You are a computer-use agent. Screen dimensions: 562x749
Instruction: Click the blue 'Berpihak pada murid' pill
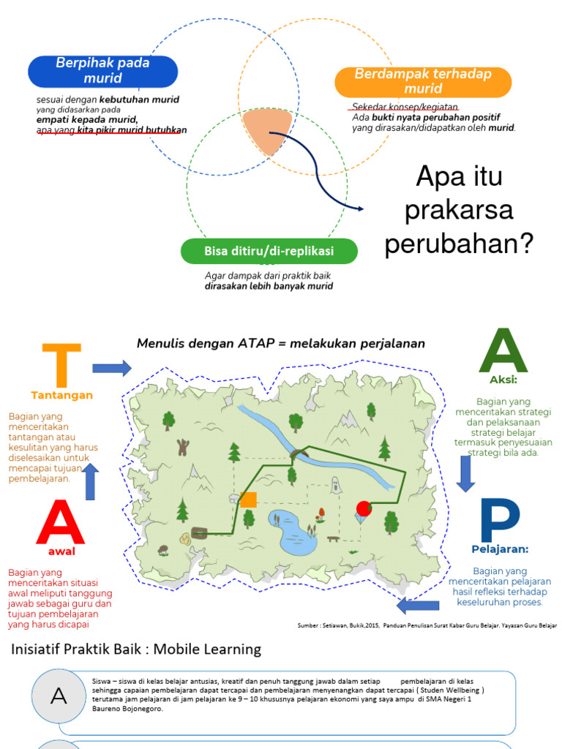pos(102,71)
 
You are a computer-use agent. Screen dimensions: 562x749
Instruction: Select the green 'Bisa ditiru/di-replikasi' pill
pos(269,252)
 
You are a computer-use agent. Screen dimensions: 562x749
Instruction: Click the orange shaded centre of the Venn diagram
pos(266,131)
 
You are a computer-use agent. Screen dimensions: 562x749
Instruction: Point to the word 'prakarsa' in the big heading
pos(459,210)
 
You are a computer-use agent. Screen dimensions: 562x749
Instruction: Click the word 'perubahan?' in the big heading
pos(459,244)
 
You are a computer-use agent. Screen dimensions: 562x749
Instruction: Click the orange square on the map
pos(249,500)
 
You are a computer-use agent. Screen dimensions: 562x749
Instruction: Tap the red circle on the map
pos(363,508)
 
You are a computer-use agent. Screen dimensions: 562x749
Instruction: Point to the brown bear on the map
pos(182,447)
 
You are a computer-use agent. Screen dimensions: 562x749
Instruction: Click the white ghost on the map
pos(335,484)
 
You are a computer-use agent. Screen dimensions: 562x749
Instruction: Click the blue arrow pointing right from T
pos(111,368)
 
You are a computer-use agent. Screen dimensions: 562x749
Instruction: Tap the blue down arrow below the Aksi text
pos(466,473)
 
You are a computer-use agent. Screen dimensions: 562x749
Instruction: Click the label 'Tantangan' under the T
pos(61,395)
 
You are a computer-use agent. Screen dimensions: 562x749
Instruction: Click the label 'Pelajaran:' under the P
pos(500,549)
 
